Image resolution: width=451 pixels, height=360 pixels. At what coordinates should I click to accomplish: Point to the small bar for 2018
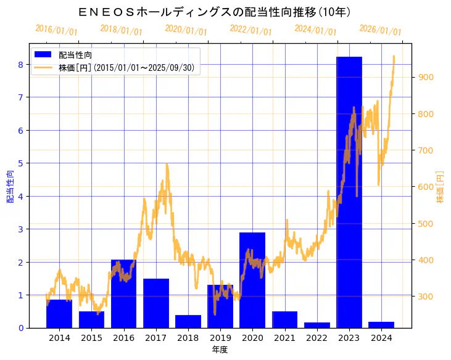coord(188,321)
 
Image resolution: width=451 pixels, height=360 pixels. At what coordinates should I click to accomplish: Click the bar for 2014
coord(59,314)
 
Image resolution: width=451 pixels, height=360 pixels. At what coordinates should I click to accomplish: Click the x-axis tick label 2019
coord(220,338)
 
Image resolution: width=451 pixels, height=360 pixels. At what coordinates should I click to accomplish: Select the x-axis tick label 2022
coord(317,338)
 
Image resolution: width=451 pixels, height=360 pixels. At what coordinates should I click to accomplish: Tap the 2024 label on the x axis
coord(381,338)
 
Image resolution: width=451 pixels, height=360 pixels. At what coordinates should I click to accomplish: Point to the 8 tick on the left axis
coord(21,64)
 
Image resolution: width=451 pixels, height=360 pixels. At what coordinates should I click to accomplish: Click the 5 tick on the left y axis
coord(21,163)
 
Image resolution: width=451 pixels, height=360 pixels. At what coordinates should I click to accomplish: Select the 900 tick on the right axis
coord(424,77)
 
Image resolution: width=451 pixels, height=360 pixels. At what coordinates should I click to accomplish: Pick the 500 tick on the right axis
coord(424,223)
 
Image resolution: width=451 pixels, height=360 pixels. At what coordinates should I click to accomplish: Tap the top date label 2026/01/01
coord(380,30)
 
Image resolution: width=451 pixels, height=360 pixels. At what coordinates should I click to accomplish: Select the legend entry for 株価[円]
coord(126,68)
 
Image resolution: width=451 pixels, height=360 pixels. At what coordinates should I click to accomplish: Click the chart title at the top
coord(215,12)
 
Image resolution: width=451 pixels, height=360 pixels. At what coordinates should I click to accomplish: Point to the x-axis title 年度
coord(220,350)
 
